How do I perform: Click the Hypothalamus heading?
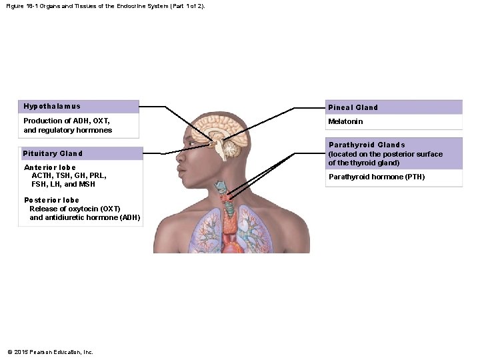pos(52,106)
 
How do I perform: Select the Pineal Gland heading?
pos(353,107)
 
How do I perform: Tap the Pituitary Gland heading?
pos(53,153)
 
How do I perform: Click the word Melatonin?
pos(345,122)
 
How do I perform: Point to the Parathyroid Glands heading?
pos(367,145)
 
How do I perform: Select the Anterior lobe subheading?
pos(50,167)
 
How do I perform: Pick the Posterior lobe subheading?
pos(51,200)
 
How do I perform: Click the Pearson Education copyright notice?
pos(50,352)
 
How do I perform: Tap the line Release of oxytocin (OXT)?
pos(75,209)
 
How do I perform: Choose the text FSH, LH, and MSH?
pos(63,185)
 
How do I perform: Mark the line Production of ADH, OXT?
pos(67,121)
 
